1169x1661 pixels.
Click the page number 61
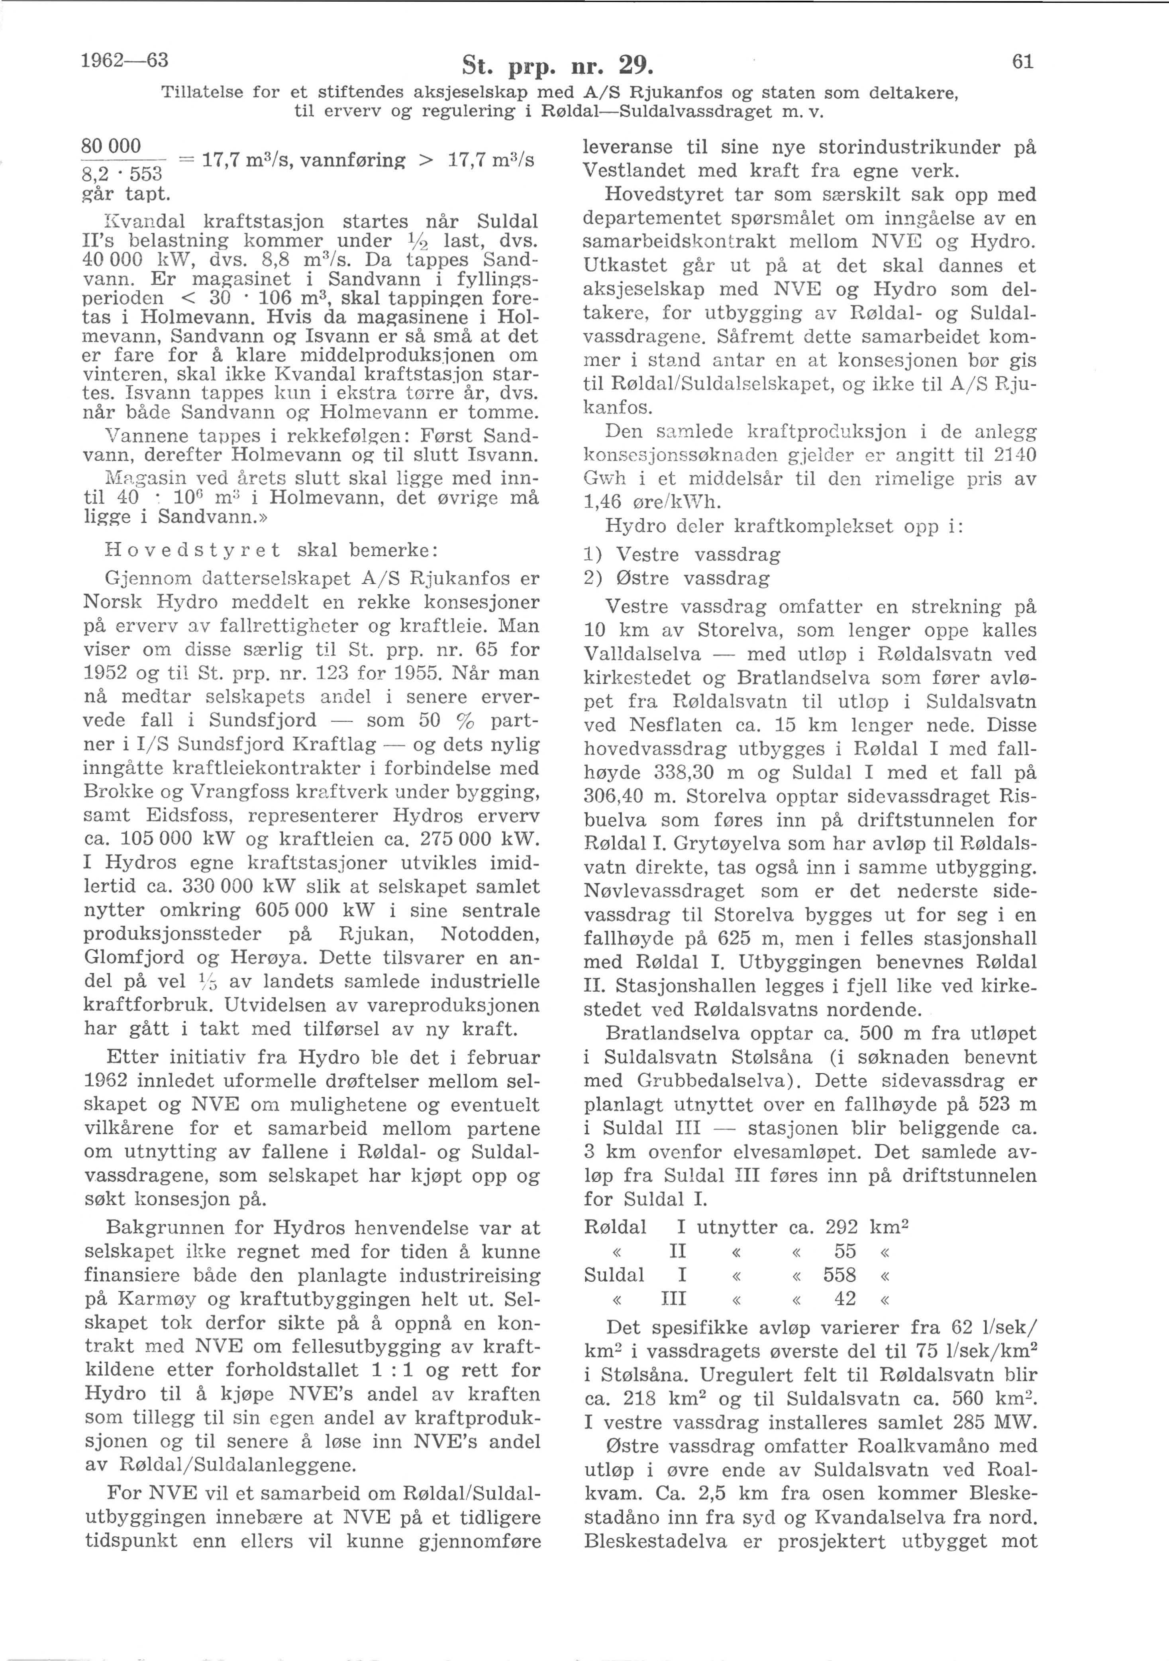(x=1022, y=63)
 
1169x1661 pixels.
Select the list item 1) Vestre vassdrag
(x=682, y=555)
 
